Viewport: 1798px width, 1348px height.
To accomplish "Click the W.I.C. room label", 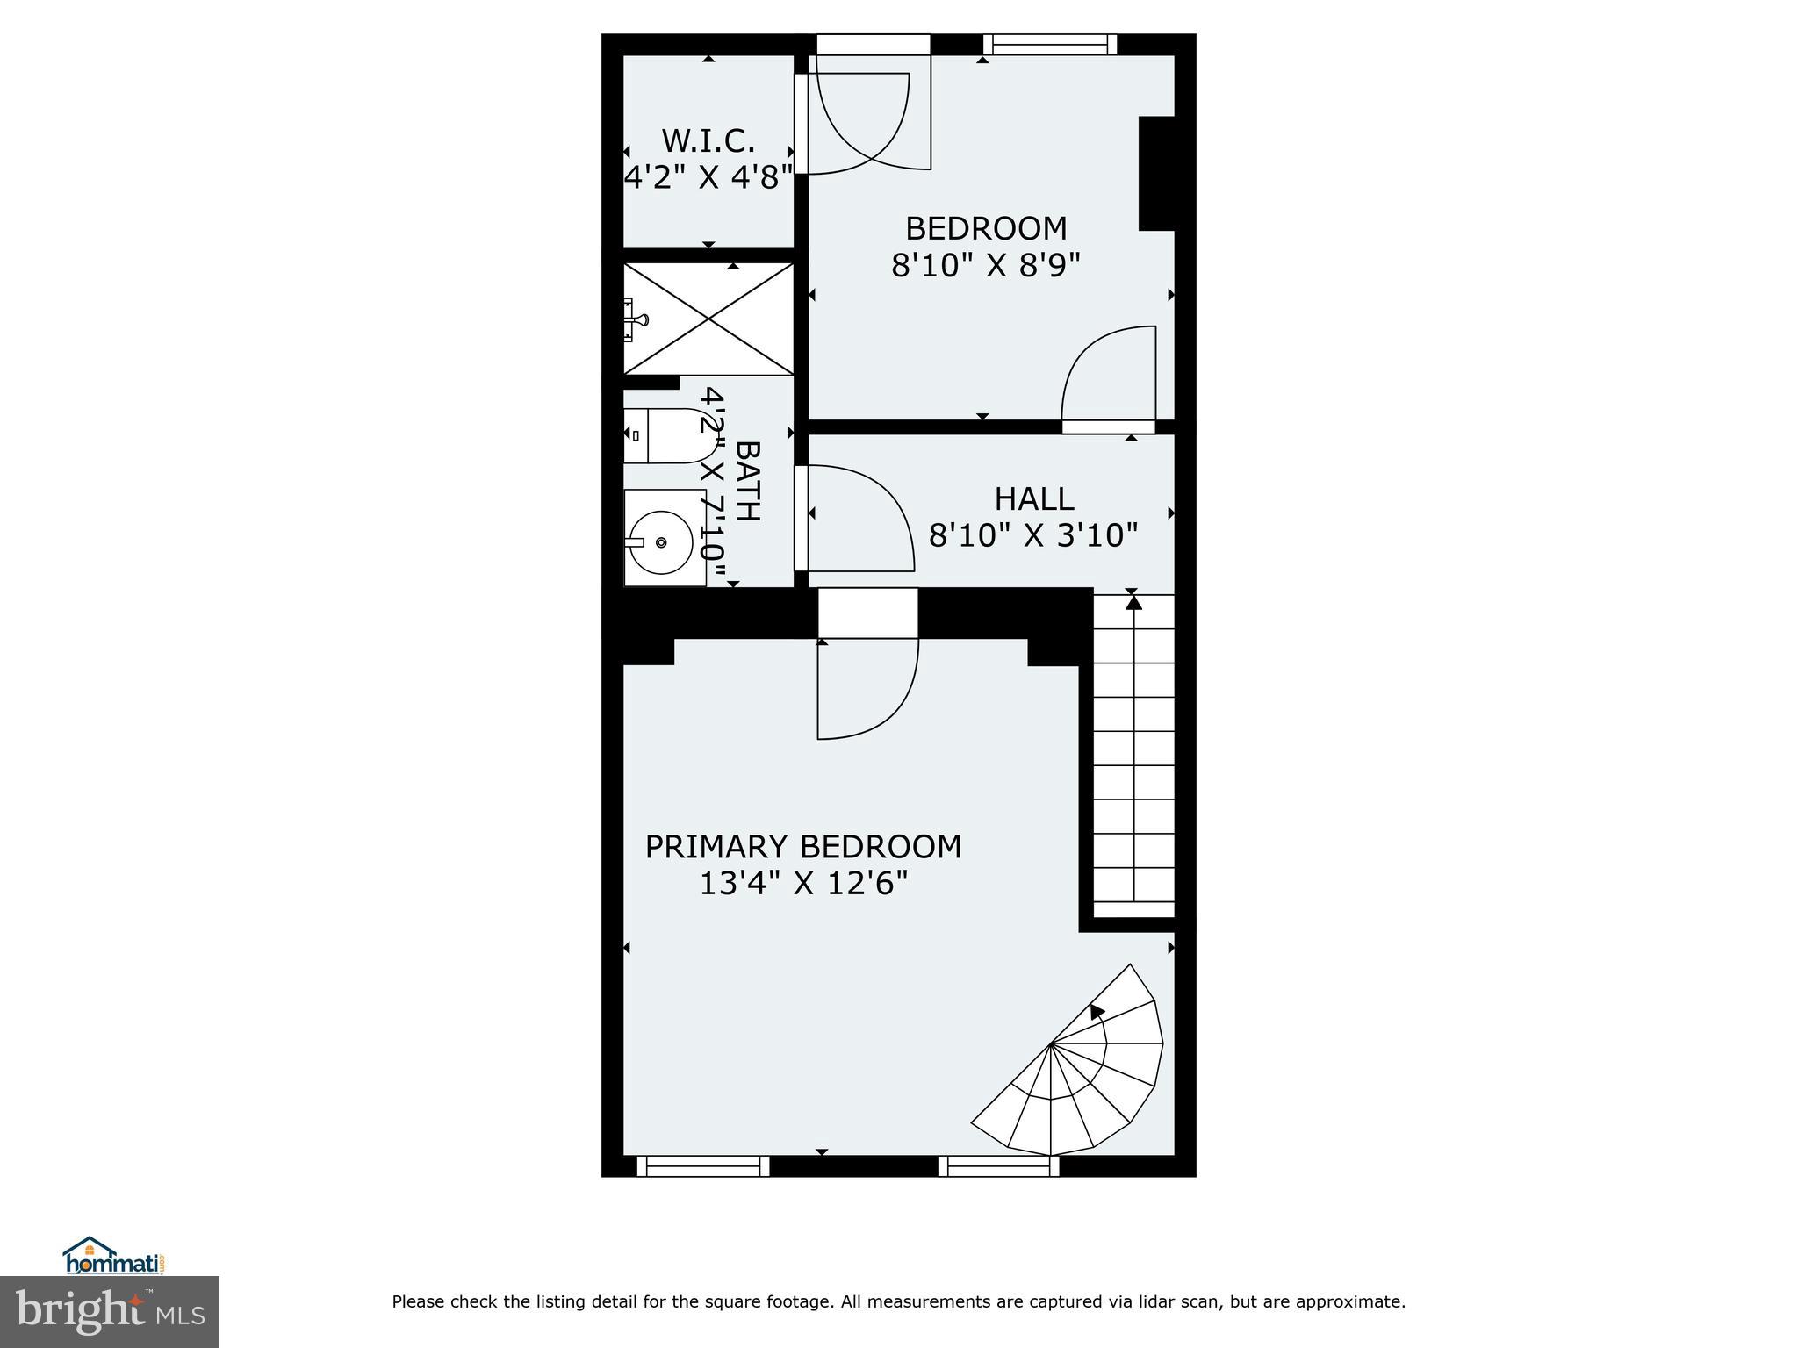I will tap(708, 140).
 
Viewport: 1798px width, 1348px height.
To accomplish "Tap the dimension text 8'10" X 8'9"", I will tap(985, 265).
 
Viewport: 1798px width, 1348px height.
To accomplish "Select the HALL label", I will tap(1033, 499).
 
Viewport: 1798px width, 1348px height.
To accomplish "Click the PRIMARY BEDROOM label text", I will tap(802, 847).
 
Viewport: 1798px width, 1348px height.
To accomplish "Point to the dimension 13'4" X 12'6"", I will tap(802, 883).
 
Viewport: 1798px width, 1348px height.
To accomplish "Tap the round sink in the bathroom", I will tap(661, 543).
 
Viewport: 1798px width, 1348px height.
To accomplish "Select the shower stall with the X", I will tap(708, 319).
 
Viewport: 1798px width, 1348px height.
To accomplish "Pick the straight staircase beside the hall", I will tap(1133, 755).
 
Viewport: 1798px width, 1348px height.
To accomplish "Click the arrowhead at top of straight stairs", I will tap(1133, 602).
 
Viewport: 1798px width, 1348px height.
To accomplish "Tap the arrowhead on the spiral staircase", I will tap(1097, 1012).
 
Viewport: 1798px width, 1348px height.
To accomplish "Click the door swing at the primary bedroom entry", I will tap(867, 689).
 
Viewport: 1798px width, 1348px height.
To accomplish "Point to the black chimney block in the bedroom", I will tap(1156, 173).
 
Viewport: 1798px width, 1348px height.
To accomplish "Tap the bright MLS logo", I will tap(109, 1311).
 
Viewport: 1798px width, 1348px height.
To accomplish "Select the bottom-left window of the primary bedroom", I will tap(702, 1165).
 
